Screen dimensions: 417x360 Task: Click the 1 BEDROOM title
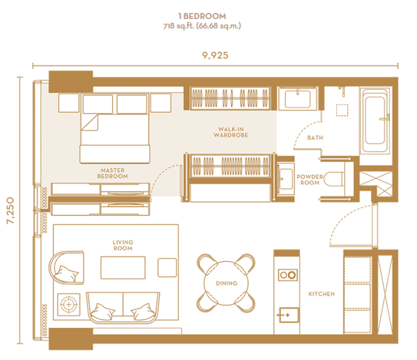click(202, 16)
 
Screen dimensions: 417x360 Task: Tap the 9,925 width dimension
click(215, 55)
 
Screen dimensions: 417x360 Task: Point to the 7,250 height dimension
click(10, 210)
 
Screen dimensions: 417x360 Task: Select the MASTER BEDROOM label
click(113, 173)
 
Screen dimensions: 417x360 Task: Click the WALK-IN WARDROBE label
click(231, 132)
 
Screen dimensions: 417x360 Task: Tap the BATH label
click(315, 137)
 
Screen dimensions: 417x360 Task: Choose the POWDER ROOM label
click(310, 180)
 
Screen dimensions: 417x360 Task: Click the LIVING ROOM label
click(123, 245)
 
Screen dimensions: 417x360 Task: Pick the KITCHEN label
click(321, 294)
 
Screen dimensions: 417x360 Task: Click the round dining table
click(226, 283)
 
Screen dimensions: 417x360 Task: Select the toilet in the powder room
click(334, 179)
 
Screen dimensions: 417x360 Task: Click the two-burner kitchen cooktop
click(288, 275)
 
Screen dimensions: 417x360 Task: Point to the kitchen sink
click(289, 315)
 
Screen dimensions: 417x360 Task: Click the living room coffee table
click(123, 268)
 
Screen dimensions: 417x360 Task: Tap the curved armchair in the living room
click(66, 268)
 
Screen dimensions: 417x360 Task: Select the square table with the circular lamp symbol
click(68, 305)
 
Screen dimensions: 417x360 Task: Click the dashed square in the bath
click(342, 110)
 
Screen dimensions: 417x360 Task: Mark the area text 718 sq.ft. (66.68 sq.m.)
click(202, 26)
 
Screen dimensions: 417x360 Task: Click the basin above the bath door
click(298, 99)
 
